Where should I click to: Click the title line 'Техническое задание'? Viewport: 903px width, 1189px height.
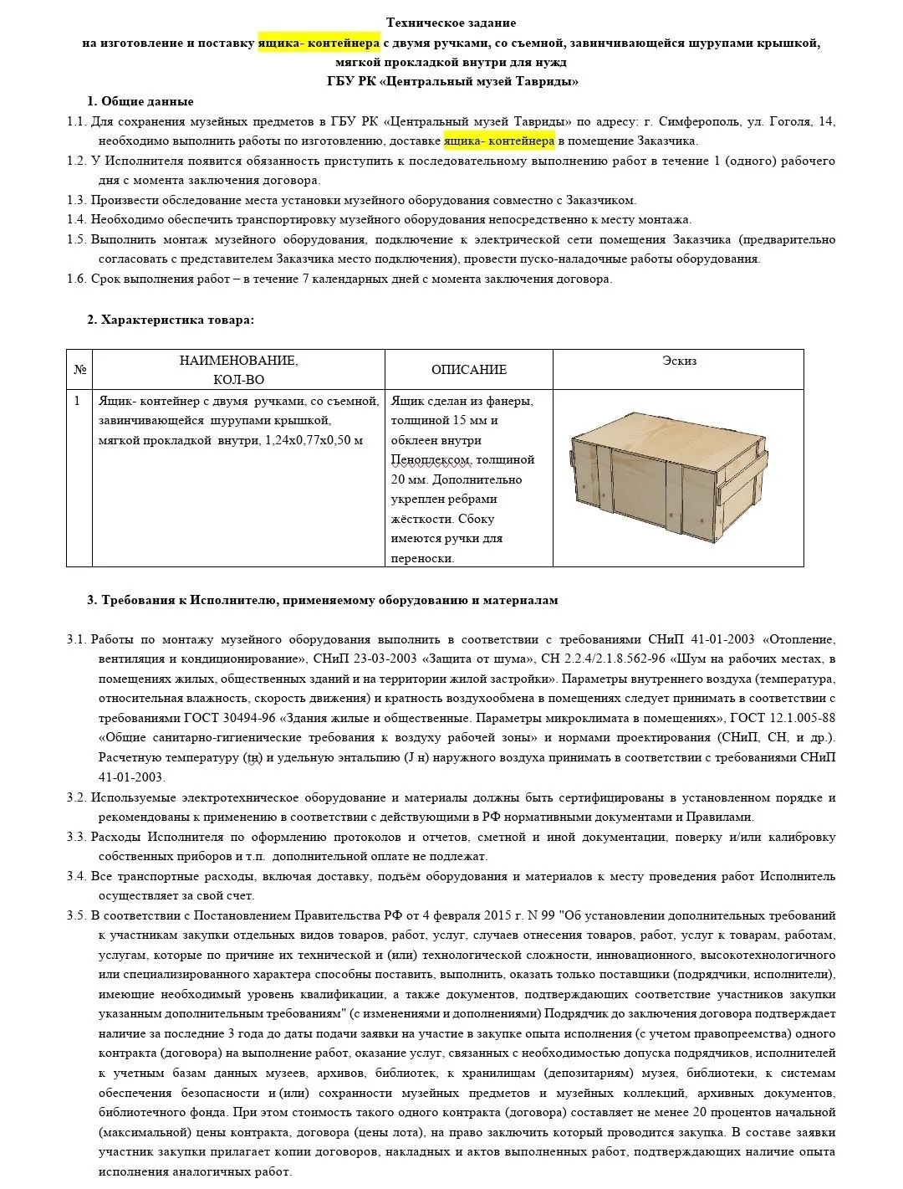451,23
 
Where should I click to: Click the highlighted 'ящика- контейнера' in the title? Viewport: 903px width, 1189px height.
319,43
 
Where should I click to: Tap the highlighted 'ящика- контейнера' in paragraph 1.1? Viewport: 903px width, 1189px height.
498,141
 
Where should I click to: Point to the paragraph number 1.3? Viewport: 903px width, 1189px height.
77,200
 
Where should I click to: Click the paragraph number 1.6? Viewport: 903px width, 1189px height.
77,279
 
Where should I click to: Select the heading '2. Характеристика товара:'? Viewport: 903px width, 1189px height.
171,320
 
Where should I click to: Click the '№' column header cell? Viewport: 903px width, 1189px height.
80,369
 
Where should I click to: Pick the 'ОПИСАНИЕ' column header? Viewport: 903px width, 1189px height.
468,369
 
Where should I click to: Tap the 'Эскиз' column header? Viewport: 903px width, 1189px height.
679,361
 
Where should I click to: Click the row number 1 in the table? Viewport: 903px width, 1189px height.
78,401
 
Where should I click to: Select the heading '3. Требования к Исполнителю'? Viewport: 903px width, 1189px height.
322,600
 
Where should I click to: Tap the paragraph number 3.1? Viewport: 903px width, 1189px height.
77,639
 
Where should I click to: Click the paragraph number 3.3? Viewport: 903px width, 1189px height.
77,837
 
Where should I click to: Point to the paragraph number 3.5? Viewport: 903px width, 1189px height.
77,915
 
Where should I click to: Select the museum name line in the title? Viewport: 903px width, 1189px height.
452,81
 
